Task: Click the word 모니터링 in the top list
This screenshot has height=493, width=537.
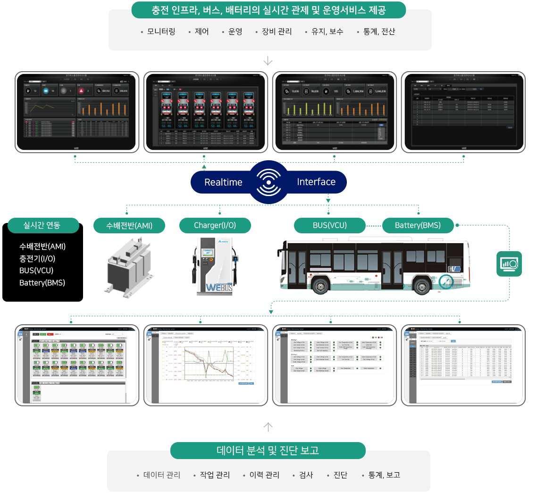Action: (161, 32)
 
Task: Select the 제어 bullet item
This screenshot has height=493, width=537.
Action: (201, 32)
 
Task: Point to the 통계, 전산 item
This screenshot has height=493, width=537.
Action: (379, 32)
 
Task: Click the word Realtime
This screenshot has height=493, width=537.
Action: (223, 182)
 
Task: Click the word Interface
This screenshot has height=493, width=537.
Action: (316, 182)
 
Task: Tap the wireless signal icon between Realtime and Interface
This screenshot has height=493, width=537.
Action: (269, 182)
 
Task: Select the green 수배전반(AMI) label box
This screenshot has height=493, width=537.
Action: (129, 226)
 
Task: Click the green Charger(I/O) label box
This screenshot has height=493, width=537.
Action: (215, 225)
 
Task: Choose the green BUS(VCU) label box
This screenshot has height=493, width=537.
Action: (329, 225)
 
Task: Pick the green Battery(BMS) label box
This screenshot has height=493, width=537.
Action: (418, 225)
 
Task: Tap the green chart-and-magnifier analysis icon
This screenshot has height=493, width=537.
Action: (509, 264)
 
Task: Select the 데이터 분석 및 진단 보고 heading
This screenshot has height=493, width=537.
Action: (268, 450)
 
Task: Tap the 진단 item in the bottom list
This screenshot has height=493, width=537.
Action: (340, 475)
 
